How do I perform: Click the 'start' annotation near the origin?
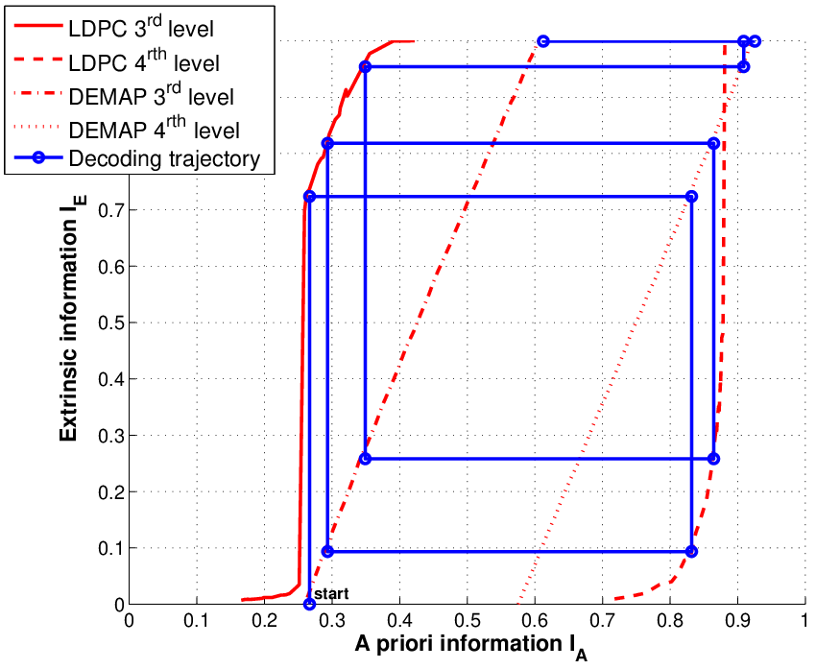331,593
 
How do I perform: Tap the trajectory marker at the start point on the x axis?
310,604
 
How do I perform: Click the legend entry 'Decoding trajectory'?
164,158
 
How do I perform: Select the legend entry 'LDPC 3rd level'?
141,28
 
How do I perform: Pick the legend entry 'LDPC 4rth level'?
144,61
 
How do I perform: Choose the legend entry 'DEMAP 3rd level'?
152,96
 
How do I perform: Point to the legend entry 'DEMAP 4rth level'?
155,129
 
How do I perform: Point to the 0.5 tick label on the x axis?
467,621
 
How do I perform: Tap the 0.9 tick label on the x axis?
737,621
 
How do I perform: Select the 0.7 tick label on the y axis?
110,210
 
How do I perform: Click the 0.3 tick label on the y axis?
110,436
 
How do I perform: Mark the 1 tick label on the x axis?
804,621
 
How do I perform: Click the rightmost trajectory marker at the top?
756,41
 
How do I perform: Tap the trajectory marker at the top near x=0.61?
542,41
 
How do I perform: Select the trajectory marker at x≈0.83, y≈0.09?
691,552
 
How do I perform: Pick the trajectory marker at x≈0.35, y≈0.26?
366,459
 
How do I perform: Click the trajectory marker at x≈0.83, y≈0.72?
691,196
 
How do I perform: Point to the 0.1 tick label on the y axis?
110,548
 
